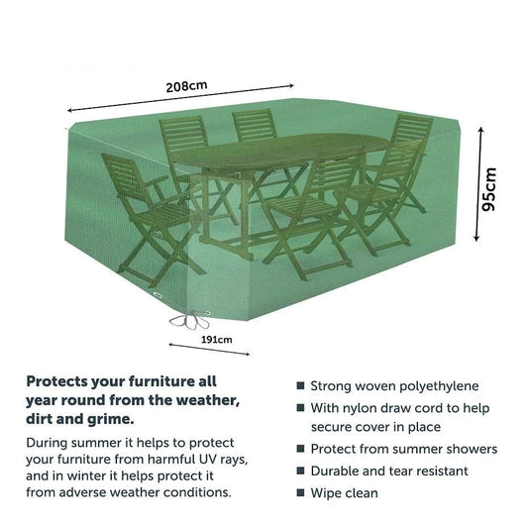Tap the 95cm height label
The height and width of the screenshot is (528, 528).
(489, 188)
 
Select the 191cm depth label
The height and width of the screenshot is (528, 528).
(217, 339)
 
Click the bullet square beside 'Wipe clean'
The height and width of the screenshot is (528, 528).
(300, 492)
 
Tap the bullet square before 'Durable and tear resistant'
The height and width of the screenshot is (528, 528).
(300, 472)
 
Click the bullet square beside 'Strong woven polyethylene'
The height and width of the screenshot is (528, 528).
(300, 386)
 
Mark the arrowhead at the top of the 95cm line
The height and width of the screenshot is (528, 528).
(477, 128)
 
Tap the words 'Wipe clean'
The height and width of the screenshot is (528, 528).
(344, 492)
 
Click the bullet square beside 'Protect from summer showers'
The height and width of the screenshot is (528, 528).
(300, 450)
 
